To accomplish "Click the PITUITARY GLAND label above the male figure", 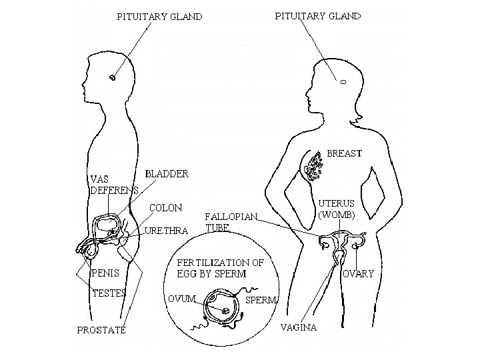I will pos(159,17).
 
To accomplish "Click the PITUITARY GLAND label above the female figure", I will pos(318,15).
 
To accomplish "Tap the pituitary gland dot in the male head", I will pos(113,78).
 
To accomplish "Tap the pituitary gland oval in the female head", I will pos(343,82).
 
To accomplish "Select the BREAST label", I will pos(344,153).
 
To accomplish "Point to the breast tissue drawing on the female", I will pos(311,165).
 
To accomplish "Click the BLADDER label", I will pos(167,173).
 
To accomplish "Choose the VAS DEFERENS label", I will pos(113,184).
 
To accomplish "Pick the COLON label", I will pos(165,208).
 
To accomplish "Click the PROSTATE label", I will pos(102,330).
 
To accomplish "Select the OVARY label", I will pos(358,273).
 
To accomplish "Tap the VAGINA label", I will pos(297,327).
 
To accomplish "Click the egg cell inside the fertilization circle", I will pos(225,309).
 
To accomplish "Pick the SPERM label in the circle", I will pos(261,300).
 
